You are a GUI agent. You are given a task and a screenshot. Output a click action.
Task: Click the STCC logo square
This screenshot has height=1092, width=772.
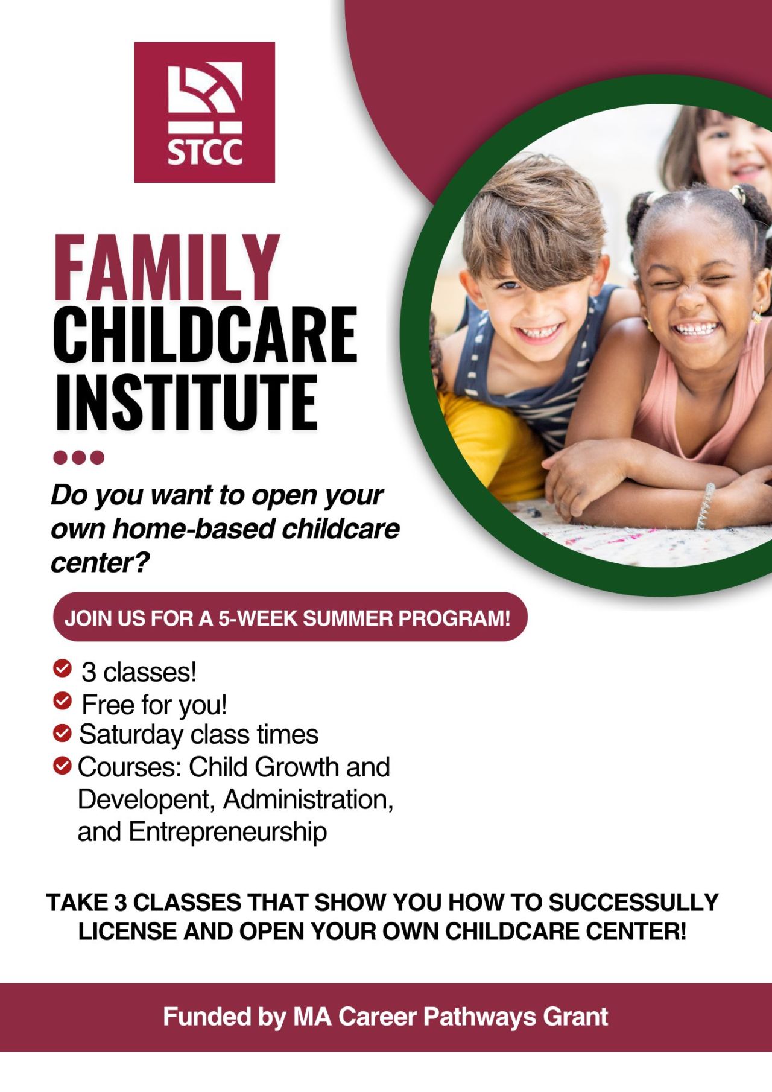pyautogui.click(x=204, y=112)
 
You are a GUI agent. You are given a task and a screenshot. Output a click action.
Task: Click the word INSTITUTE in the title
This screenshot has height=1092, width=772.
pyautogui.click(x=186, y=401)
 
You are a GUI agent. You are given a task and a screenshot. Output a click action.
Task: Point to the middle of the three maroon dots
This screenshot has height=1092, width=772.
pyautogui.click(x=79, y=457)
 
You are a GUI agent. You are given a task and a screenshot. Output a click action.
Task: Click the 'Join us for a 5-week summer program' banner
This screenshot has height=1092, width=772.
pyautogui.click(x=290, y=617)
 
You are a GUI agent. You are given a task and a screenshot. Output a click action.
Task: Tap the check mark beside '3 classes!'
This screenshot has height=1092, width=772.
pyautogui.click(x=62, y=668)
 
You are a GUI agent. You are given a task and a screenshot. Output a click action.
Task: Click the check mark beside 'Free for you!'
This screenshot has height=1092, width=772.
pyautogui.click(x=62, y=700)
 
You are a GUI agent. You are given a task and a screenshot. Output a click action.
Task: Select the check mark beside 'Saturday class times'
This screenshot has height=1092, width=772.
pyautogui.click(x=62, y=733)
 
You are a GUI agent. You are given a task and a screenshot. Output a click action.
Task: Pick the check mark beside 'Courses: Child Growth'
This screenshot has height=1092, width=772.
pyautogui.click(x=62, y=766)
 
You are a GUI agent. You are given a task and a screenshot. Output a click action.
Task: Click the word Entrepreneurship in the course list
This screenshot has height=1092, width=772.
pyautogui.click(x=228, y=833)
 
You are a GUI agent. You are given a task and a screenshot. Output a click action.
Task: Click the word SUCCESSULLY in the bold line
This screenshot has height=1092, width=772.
pyautogui.click(x=633, y=903)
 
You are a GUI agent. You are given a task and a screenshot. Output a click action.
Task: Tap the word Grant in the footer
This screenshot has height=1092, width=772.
pyautogui.click(x=575, y=1017)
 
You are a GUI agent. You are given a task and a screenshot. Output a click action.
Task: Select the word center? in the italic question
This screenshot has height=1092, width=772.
pyautogui.click(x=100, y=563)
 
